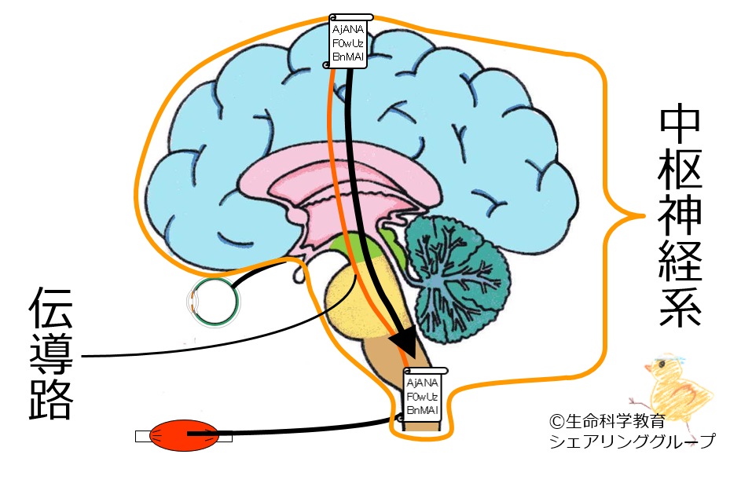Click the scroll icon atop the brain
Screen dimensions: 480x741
[x=349, y=41]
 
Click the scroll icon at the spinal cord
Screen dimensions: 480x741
[x=424, y=395]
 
